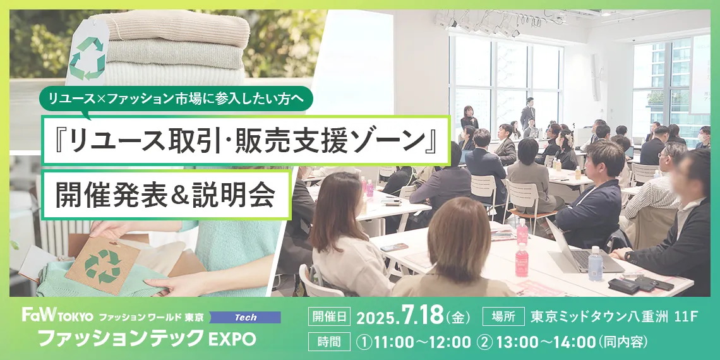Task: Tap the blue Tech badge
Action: tap(245, 317)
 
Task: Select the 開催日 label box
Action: tap(329, 317)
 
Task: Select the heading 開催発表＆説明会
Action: tap(165, 195)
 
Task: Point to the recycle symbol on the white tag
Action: tap(87, 57)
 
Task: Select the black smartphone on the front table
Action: tap(394, 247)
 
